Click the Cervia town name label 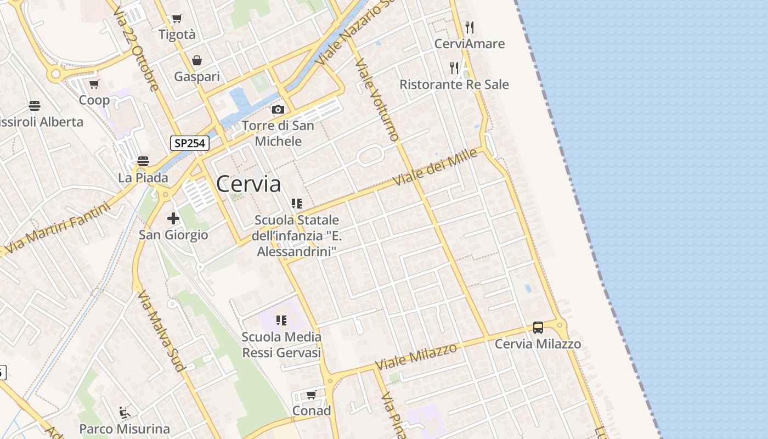249,184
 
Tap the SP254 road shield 190,143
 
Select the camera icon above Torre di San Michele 278,110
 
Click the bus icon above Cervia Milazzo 538,328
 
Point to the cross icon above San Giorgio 173,218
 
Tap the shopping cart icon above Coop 94,85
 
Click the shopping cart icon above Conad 312,395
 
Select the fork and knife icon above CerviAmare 469,27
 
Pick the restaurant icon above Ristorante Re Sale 454,68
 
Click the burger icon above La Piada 143,161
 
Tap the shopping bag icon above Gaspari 197,60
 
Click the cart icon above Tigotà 177,19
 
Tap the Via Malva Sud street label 160,331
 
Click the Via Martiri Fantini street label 60,228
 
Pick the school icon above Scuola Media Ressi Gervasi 281,320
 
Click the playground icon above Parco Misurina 125,412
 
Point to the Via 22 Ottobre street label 137,49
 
